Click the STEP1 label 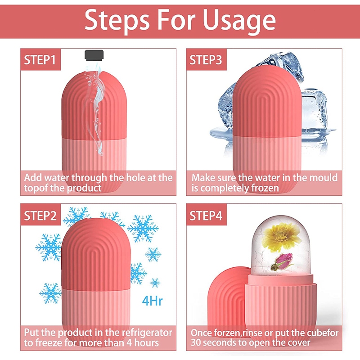pos(40,60)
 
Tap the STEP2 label pos(40,216)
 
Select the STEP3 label pos(206,60)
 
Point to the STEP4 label pos(206,216)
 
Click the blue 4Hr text pos(152,301)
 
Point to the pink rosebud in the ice pos(283,262)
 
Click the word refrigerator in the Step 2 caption pos(147,333)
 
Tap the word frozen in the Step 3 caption pos(265,188)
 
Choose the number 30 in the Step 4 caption pos(196,343)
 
